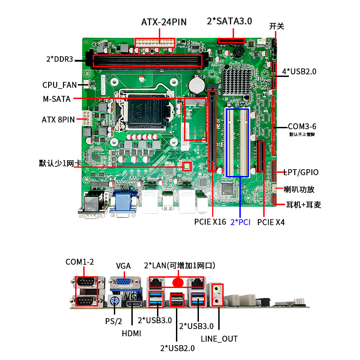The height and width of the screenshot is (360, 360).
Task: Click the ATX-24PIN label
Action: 164,22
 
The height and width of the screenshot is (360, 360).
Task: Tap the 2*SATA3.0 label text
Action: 229,21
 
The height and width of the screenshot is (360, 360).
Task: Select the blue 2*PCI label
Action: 240,222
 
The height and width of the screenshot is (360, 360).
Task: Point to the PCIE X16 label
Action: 210,222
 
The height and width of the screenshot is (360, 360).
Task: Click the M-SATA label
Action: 56,99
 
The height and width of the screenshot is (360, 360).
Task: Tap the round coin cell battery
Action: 197,84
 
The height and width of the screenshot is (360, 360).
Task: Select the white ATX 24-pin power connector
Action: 154,41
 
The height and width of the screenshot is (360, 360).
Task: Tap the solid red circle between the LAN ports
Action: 179,282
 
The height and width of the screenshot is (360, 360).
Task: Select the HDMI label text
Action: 132,333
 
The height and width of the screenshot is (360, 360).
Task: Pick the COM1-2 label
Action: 80,262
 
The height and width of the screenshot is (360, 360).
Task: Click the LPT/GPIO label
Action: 301,172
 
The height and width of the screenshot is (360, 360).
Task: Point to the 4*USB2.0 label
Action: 299,71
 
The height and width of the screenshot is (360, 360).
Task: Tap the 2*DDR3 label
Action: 59,59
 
